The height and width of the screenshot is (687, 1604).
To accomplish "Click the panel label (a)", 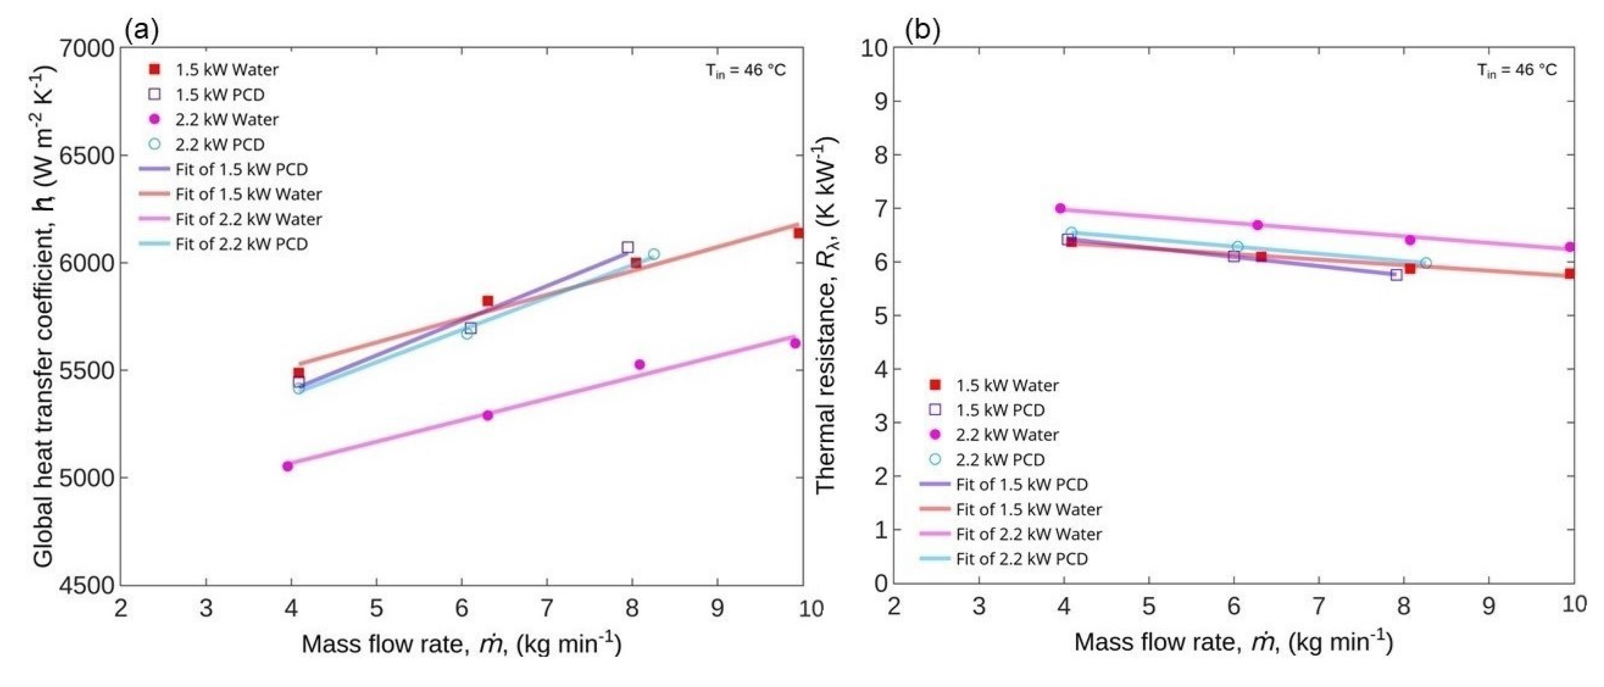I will [x=142, y=30].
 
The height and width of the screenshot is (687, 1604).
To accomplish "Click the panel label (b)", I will [x=922, y=30].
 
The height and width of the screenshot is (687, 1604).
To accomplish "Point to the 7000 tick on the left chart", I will [x=87, y=49].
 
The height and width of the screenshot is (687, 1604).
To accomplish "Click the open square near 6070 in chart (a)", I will [x=628, y=247].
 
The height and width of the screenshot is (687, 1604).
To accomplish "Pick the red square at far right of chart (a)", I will [x=798, y=233].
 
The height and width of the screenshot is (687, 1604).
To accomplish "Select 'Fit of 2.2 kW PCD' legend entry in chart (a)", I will [x=241, y=244].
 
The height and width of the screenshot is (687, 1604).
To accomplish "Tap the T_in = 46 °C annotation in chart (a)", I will [x=745, y=70].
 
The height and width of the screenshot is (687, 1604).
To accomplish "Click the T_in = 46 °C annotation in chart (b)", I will [x=1517, y=70].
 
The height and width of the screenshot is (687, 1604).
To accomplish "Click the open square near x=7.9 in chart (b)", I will [x=1397, y=275].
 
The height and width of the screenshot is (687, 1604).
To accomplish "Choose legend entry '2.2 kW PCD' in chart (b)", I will [x=1000, y=459].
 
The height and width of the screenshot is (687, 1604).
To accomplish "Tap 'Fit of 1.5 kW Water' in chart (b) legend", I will [x=1029, y=510].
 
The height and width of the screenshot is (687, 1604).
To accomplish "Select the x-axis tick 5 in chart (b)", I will [x=1148, y=606].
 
